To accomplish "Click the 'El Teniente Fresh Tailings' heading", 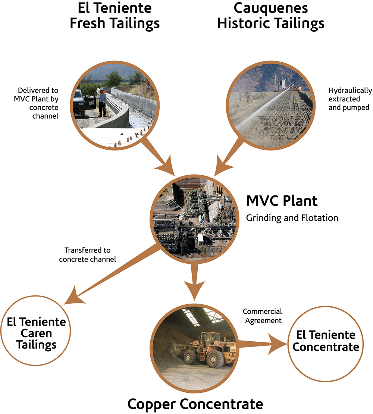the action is (115, 15).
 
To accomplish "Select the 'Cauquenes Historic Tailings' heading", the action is (270, 15).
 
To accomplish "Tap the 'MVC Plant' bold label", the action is (282, 201).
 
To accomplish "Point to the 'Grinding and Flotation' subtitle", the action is (292, 218).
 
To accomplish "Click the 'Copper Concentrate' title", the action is (195, 404).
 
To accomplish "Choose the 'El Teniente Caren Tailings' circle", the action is (36, 330).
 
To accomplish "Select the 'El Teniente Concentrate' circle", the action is (325, 344).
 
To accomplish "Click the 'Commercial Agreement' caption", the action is (262, 316).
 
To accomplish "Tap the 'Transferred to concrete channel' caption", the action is (87, 254).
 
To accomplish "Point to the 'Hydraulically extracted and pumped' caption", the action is (350, 99).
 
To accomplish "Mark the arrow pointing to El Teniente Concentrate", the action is (263, 344).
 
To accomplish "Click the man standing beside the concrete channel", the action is (101, 102).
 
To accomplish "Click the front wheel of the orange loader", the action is (215, 359).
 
